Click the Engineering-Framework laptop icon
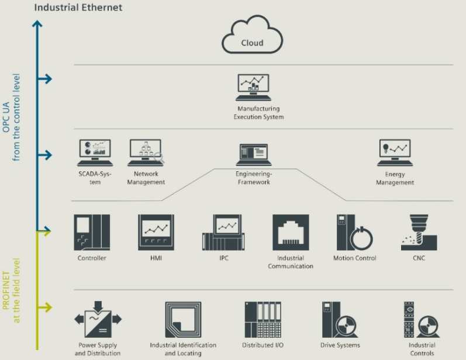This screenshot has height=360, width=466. pyautogui.click(x=253, y=155)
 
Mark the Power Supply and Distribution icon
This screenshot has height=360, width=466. pyautogui.click(x=98, y=319)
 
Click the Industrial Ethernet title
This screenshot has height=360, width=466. pyautogui.click(x=78, y=8)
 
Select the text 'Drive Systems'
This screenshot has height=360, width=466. pyautogui.click(x=340, y=345)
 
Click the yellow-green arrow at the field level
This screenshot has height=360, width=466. pyautogui.click(x=44, y=306)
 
